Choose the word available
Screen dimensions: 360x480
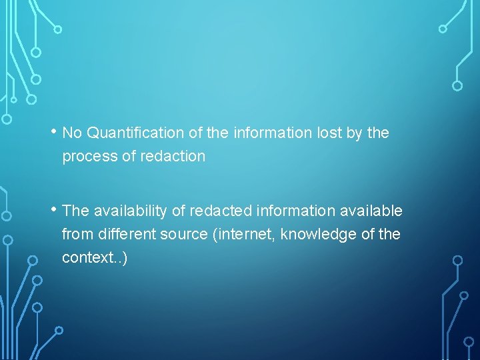coord(371,211)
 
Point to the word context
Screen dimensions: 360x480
coord(86,257)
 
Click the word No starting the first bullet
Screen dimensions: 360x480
coord(72,133)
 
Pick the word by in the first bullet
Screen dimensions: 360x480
coord(354,133)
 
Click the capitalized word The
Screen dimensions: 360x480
coord(75,211)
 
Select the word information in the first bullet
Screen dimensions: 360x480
coord(273,133)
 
